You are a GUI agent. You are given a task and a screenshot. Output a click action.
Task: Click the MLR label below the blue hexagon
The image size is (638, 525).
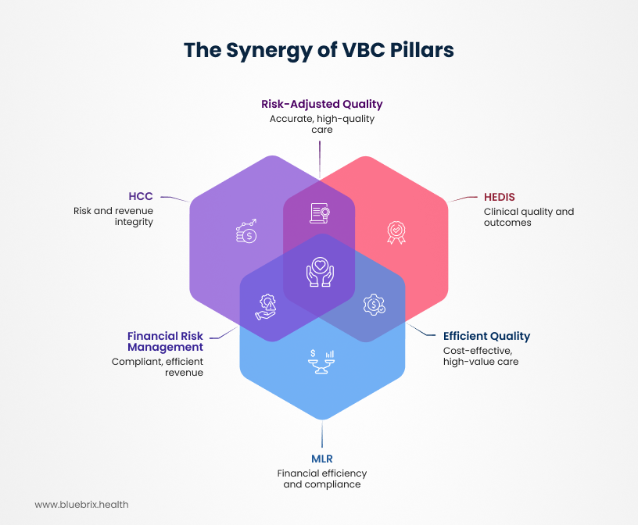tap(322, 459)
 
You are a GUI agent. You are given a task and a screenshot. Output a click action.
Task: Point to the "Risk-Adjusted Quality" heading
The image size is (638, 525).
tap(321, 104)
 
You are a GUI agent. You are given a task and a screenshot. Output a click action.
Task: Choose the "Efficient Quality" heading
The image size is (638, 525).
tap(486, 336)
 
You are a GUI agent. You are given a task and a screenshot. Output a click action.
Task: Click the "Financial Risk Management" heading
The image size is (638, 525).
tap(165, 341)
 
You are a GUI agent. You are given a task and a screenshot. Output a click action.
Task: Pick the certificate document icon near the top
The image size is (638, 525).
tap(319, 212)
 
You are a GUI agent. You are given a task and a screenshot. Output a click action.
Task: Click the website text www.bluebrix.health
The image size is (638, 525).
tap(81, 505)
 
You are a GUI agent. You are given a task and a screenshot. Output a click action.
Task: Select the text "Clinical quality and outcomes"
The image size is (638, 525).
tap(518, 217)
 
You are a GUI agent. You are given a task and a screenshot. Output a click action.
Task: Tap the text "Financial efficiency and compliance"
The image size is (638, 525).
tap(321, 479)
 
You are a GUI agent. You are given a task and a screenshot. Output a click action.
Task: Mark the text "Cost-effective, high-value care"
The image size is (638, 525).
tap(481, 355)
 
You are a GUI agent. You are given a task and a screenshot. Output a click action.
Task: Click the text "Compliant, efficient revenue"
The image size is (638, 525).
tap(158, 367)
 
